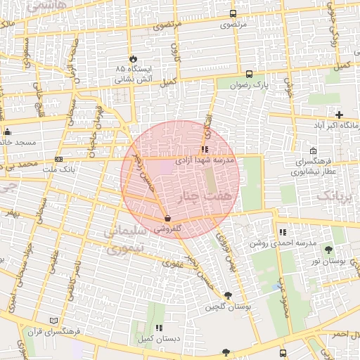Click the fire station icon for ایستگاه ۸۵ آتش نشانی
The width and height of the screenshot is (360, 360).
pos(133,58)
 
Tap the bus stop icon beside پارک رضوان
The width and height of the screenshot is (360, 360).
pos(250,74)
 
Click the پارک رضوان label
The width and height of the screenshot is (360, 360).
pos(250,86)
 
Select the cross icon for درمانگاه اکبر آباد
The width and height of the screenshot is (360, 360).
pos(340,115)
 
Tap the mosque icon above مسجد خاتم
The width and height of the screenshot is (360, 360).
pos(8,131)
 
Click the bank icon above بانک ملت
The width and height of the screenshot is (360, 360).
pos(58,159)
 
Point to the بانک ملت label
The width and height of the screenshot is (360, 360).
pos(58,169)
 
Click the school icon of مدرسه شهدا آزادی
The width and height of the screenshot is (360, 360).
pos(205,149)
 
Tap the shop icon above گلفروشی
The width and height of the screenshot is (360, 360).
pos(167,219)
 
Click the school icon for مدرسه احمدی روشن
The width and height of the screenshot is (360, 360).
pos(283,232)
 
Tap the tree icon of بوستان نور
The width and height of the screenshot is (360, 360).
pos(328,250)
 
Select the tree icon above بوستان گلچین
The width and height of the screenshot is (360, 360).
pos(227,296)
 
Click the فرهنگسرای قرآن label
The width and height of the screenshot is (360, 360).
pos(53,331)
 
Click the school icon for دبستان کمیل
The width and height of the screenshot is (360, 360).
pos(159,328)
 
